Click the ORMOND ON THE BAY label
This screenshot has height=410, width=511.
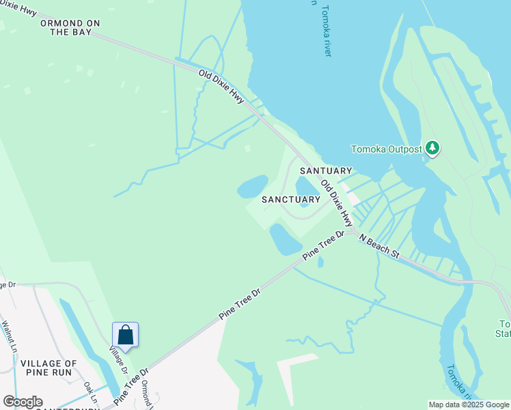[x=70, y=27]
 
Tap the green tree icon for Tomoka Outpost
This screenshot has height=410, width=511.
[x=431, y=148]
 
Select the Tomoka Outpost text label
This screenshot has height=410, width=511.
[x=386, y=149]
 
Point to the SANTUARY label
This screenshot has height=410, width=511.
[x=325, y=171]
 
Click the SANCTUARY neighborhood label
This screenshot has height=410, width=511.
[x=291, y=200]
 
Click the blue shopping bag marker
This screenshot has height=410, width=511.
[x=125, y=335]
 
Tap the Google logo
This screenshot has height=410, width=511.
[x=23, y=402]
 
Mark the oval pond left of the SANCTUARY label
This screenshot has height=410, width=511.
[x=253, y=186]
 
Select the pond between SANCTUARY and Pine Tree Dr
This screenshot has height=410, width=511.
[x=285, y=238]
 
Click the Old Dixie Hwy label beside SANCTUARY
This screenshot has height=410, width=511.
[x=337, y=204]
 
